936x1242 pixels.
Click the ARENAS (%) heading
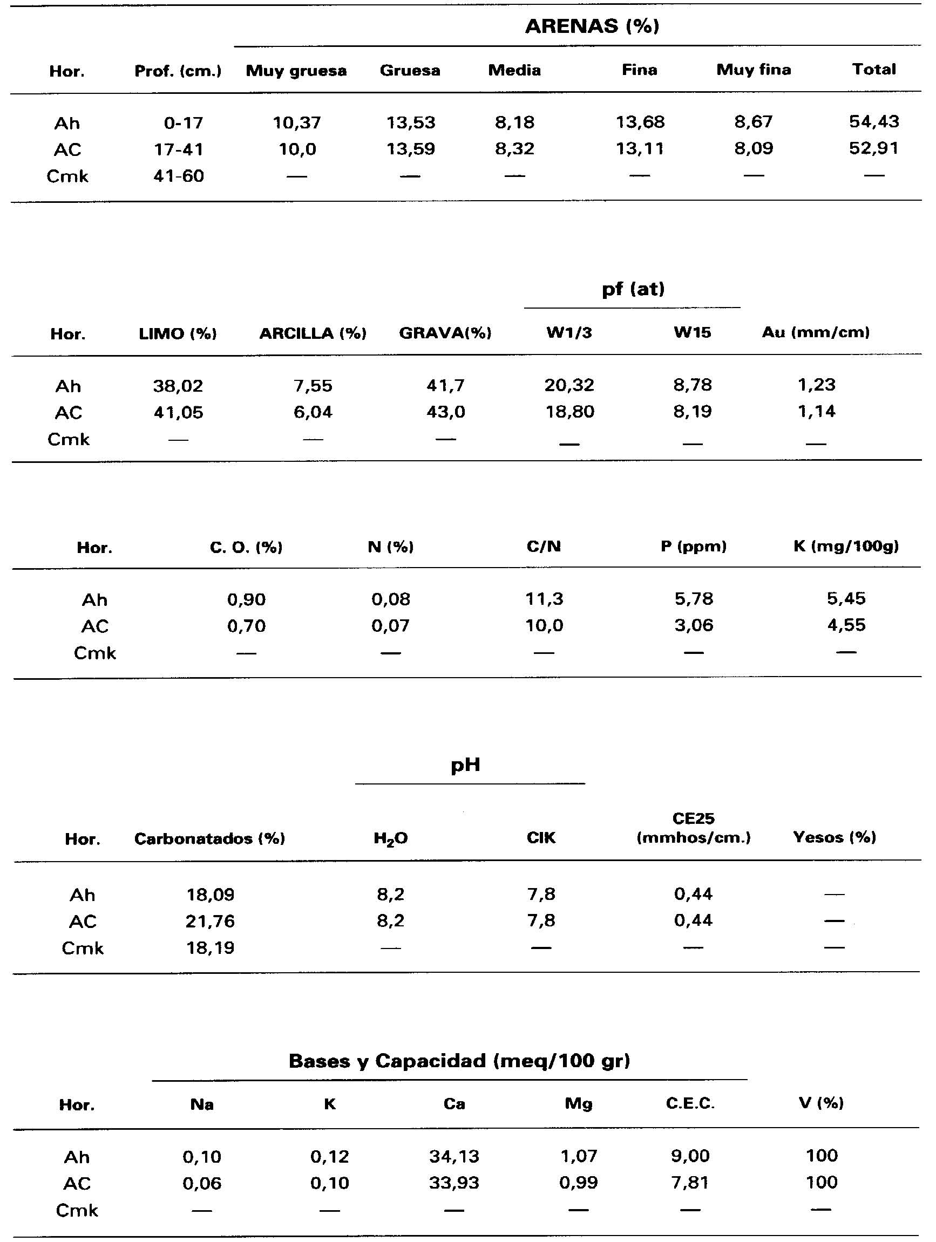pyautogui.click(x=592, y=26)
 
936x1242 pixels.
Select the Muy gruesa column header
pyautogui.click(x=296, y=71)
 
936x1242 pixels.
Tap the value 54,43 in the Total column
pyautogui.click(x=873, y=122)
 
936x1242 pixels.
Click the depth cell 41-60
pyautogui.click(x=179, y=176)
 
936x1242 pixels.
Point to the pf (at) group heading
pyautogui.click(x=633, y=289)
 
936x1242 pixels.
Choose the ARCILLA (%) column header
pyautogui.click(x=313, y=333)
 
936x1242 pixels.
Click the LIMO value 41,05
pyautogui.click(x=178, y=413)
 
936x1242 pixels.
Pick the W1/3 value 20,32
pyautogui.click(x=569, y=385)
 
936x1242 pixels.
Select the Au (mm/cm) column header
pyautogui.click(x=815, y=332)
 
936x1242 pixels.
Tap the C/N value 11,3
pyautogui.click(x=544, y=599)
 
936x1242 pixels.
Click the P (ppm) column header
pyautogui.click(x=693, y=547)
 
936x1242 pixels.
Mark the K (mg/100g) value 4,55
pyautogui.click(x=846, y=625)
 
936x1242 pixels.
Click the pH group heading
pyautogui.click(x=465, y=765)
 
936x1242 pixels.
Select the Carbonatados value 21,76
pyautogui.click(x=210, y=922)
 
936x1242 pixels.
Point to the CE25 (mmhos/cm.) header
pyautogui.click(x=693, y=828)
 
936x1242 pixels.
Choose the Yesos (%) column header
pyautogui.click(x=835, y=837)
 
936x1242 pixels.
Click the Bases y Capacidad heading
pyautogui.click(x=459, y=1061)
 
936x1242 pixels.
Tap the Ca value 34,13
pyautogui.click(x=454, y=1156)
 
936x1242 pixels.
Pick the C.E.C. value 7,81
pyautogui.click(x=690, y=1183)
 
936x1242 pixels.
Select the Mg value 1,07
pyautogui.click(x=578, y=1156)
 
